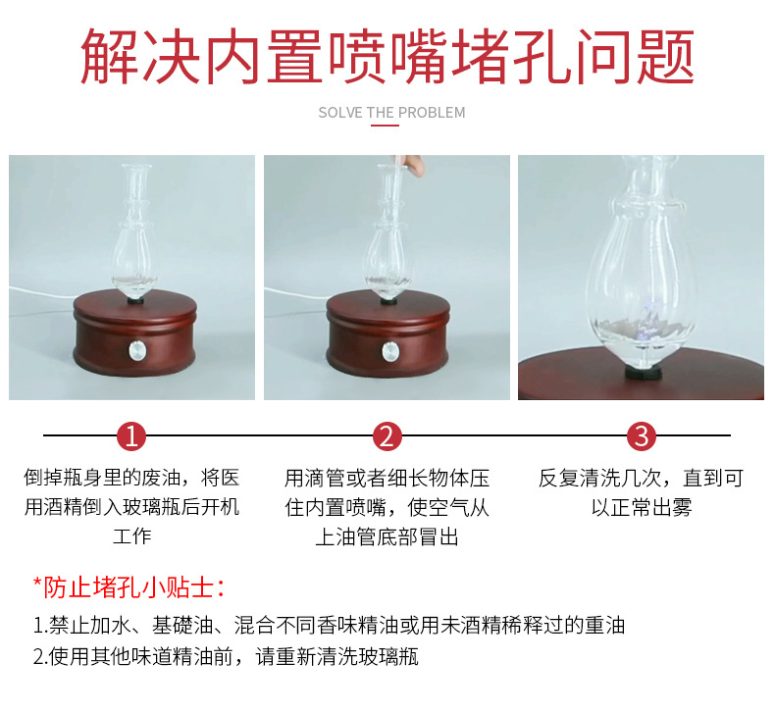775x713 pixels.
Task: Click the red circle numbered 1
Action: [x=131, y=436]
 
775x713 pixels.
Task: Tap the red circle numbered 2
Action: [x=387, y=436]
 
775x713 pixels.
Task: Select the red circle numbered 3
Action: [x=642, y=436]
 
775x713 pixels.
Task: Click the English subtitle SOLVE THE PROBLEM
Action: [x=391, y=113]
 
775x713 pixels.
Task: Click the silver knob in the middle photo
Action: [x=391, y=349]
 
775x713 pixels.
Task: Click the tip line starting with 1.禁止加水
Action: [x=329, y=625]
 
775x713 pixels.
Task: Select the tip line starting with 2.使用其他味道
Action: [x=226, y=656]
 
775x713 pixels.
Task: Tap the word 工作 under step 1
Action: [x=131, y=536]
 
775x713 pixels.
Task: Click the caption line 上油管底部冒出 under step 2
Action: [x=387, y=536]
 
